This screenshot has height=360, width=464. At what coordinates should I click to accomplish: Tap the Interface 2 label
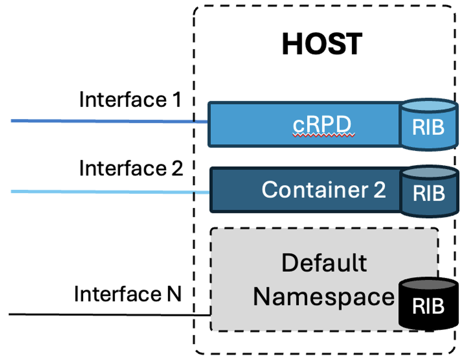click(131, 169)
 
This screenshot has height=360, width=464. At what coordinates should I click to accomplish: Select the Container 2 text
click(323, 190)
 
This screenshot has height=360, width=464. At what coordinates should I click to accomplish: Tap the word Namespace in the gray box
click(324, 297)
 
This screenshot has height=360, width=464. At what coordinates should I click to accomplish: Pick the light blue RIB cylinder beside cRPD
click(429, 124)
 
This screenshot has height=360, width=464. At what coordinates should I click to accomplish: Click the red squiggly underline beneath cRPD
click(322, 137)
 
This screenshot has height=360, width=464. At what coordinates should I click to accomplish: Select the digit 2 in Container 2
click(379, 190)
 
